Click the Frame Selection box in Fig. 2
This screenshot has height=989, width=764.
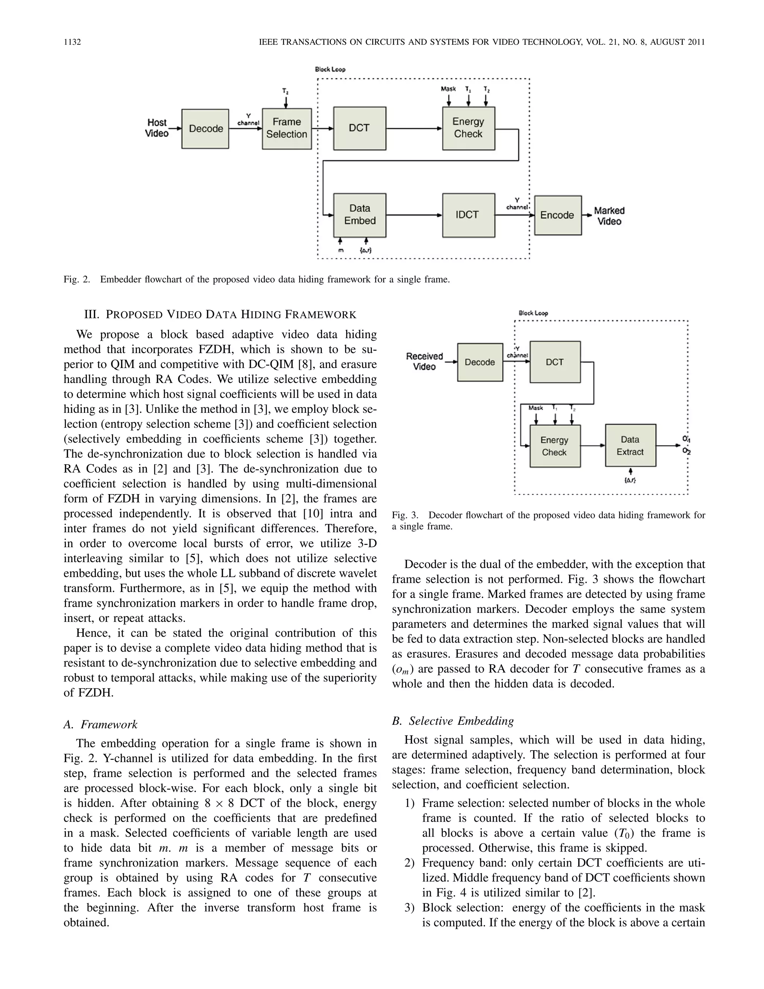286,129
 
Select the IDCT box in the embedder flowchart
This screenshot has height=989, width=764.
468,215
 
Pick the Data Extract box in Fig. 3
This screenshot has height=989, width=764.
630,446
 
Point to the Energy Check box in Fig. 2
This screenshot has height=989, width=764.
468,128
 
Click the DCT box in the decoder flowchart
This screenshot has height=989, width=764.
554,362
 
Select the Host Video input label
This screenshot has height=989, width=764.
157,128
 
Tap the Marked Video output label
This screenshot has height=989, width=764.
609,216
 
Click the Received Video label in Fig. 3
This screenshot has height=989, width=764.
424,361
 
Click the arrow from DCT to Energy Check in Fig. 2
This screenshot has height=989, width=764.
414,129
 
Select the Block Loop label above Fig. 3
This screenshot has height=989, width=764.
533,313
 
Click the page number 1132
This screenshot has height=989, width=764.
72,42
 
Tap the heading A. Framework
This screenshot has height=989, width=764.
100,724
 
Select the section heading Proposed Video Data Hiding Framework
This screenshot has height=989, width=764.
220,314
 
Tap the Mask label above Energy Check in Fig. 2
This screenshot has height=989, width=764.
448,89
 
